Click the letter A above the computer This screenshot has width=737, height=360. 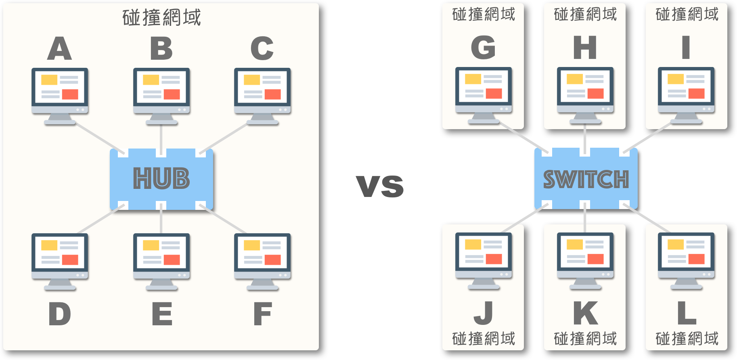tap(60, 49)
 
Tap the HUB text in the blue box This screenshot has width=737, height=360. tap(161, 178)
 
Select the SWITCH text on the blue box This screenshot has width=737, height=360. tap(586, 179)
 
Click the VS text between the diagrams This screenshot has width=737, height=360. tap(380, 186)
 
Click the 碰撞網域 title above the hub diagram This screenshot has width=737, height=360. tap(161, 18)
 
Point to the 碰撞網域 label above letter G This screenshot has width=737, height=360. tap(484, 15)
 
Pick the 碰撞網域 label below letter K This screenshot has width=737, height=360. tap(585, 339)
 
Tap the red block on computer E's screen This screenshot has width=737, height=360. tap(172, 260)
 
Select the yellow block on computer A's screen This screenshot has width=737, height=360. tap(49, 80)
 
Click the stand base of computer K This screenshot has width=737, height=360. tap(585, 287)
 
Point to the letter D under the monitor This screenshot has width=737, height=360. tap(60, 314)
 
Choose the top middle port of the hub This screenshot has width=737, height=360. tap(161, 153)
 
